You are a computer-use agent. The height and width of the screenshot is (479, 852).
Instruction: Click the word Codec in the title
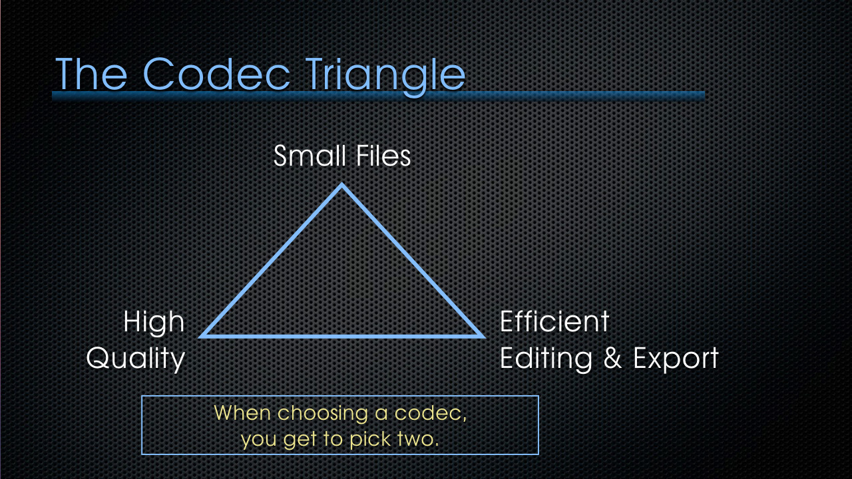click(x=217, y=74)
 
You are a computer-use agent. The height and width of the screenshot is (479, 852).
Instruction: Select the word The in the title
click(x=91, y=74)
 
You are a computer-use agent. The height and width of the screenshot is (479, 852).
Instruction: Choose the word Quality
click(x=135, y=358)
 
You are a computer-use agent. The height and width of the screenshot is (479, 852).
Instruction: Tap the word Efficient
click(x=554, y=321)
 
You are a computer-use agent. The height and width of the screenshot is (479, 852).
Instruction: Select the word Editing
click(x=546, y=359)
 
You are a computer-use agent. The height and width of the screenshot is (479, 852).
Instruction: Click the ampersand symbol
click(x=612, y=358)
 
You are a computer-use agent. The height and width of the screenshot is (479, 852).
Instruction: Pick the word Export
click(x=676, y=358)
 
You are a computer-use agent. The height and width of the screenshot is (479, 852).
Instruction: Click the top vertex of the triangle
click(x=341, y=184)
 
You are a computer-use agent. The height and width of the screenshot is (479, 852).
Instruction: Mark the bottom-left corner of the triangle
click(x=200, y=337)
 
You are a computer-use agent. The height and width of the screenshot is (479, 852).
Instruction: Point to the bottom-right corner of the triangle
click(x=483, y=337)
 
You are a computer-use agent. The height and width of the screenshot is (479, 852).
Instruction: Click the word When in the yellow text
click(x=242, y=413)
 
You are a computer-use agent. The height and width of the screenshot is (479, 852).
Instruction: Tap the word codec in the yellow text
click(x=430, y=414)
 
